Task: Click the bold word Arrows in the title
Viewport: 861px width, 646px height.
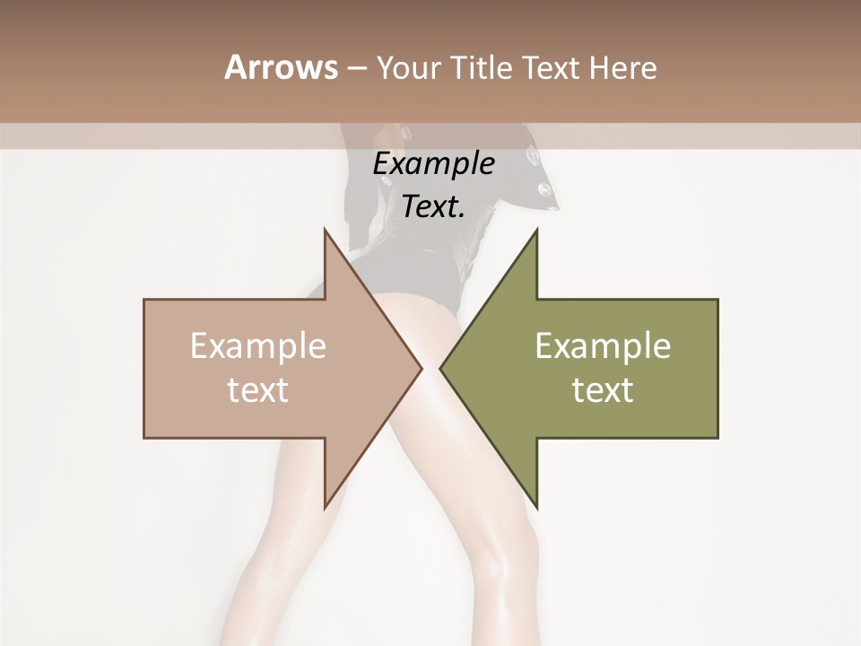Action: click(x=281, y=67)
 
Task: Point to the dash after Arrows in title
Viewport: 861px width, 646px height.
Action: click(x=356, y=69)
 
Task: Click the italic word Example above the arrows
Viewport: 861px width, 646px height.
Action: click(x=433, y=164)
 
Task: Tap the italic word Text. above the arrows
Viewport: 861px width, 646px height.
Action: click(x=433, y=207)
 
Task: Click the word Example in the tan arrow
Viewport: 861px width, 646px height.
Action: click(x=258, y=346)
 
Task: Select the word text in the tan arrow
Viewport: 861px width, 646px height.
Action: click(x=258, y=390)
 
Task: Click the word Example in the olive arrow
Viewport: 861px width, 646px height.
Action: click(x=603, y=346)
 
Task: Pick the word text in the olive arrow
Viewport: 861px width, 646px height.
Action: click(x=603, y=390)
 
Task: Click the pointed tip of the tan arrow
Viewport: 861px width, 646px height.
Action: click(x=422, y=368)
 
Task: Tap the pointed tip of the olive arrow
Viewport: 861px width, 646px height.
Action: click(x=440, y=368)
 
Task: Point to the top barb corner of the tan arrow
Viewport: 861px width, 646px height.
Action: click(x=325, y=229)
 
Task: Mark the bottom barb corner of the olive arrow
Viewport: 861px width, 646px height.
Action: click(x=537, y=508)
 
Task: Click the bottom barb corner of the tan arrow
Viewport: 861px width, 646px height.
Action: click(x=325, y=508)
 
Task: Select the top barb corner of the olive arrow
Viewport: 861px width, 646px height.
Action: click(x=537, y=229)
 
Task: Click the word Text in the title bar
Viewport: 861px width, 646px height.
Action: click(x=554, y=67)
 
